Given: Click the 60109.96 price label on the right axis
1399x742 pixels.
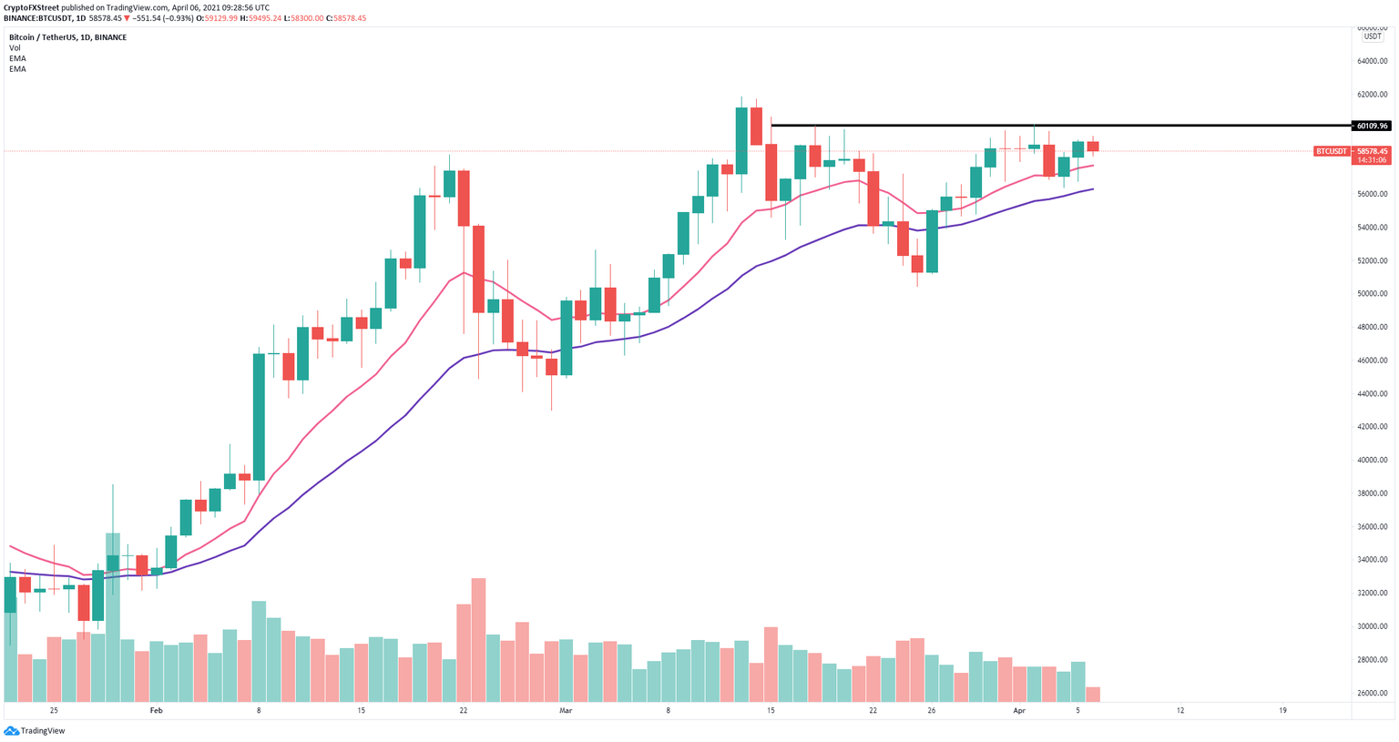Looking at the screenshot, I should point(1372,126).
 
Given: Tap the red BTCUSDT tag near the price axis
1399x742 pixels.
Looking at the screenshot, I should point(1332,151).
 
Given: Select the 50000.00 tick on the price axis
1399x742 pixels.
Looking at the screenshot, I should point(1372,294).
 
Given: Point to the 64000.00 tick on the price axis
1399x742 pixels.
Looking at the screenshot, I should point(1372,62).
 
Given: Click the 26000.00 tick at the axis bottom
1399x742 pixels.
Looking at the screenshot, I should point(1372,693).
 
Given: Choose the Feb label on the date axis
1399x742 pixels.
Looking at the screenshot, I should point(156,710).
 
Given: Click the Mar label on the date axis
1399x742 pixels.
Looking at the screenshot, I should point(566,710).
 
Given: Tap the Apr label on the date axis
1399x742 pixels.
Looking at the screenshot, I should point(1019,710).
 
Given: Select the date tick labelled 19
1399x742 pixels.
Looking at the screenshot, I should point(1282,710).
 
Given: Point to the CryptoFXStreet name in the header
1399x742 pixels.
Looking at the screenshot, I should point(31,7).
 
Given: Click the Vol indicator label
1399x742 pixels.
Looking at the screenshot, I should point(15,48).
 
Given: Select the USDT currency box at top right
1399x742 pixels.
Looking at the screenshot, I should point(1372,36).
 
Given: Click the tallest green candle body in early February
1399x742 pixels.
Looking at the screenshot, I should point(259,417).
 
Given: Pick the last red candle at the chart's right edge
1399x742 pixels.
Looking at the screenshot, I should point(1093,147).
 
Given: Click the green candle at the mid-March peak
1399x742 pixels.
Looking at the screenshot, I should point(741,140).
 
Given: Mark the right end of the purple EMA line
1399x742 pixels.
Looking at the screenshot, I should point(1092,189).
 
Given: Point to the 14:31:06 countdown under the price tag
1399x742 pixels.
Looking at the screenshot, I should point(1372,160).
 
